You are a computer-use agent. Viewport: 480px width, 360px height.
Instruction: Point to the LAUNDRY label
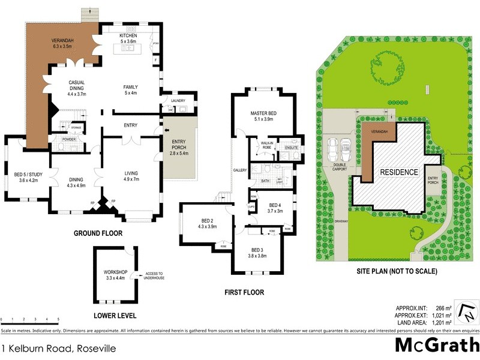(178, 100)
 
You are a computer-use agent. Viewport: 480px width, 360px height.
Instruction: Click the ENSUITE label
(291, 147)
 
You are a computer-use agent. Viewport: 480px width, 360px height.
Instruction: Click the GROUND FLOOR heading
(98, 233)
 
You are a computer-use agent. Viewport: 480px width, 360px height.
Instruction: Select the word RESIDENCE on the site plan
(398, 172)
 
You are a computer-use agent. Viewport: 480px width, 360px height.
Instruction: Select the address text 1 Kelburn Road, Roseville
(58, 348)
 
